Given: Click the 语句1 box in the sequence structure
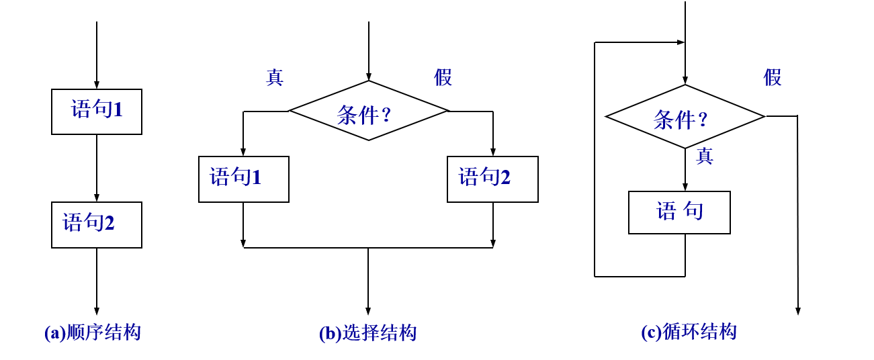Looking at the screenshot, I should coord(97,111).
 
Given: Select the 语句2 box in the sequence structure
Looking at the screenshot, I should coord(97,224).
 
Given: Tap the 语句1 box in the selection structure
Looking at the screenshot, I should coord(243,179).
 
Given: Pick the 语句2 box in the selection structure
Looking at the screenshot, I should coord(492,179).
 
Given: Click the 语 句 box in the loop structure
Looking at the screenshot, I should coord(679,212).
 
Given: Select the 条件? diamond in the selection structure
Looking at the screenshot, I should coord(368,111).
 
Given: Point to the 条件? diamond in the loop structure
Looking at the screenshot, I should coord(685,116).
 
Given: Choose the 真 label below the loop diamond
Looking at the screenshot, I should coord(704,156).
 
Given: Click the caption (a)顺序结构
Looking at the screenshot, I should coord(93,332).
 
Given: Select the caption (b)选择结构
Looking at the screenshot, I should coord(367,333).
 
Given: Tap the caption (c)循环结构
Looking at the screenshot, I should coord(689,332).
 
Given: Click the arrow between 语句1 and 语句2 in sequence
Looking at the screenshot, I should coord(97,168).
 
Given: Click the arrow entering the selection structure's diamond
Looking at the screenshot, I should coord(368,51).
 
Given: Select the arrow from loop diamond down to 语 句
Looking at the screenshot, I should coord(685,169).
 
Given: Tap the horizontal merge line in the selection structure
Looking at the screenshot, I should coord(368,248).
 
